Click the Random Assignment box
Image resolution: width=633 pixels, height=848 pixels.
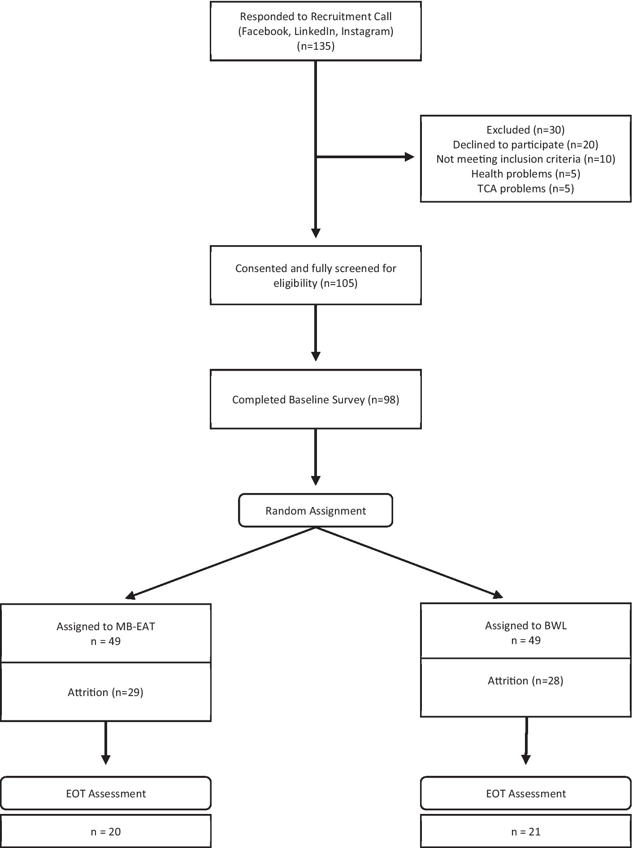pos(316,511)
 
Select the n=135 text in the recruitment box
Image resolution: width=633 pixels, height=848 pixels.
pos(316,46)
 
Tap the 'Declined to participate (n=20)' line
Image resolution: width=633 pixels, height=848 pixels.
pos(525,144)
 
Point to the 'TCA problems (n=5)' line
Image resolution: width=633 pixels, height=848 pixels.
pos(525,188)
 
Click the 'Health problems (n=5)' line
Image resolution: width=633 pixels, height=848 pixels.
pos(525,173)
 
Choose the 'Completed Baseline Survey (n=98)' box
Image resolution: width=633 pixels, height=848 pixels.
pos(316,399)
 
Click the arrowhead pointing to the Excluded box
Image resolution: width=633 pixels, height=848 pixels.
pos(409,157)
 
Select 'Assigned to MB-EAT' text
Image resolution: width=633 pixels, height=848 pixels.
pos(106,627)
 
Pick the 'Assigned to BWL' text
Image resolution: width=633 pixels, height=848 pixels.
pos(525,626)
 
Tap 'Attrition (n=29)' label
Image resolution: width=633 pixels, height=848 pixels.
pos(106,692)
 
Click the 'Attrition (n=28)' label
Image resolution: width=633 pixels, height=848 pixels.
pos(525,681)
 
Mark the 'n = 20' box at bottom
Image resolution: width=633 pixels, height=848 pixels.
pos(106,832)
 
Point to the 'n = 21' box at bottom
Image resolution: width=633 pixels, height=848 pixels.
pos(525,832)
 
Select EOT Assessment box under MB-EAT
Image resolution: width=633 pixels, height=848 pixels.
pos(106,794)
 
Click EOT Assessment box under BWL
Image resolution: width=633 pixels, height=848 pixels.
pos(525,794)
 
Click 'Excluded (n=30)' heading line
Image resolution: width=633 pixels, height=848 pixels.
pos(525,130)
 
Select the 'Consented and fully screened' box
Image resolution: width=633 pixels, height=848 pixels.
pos(316,275)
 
